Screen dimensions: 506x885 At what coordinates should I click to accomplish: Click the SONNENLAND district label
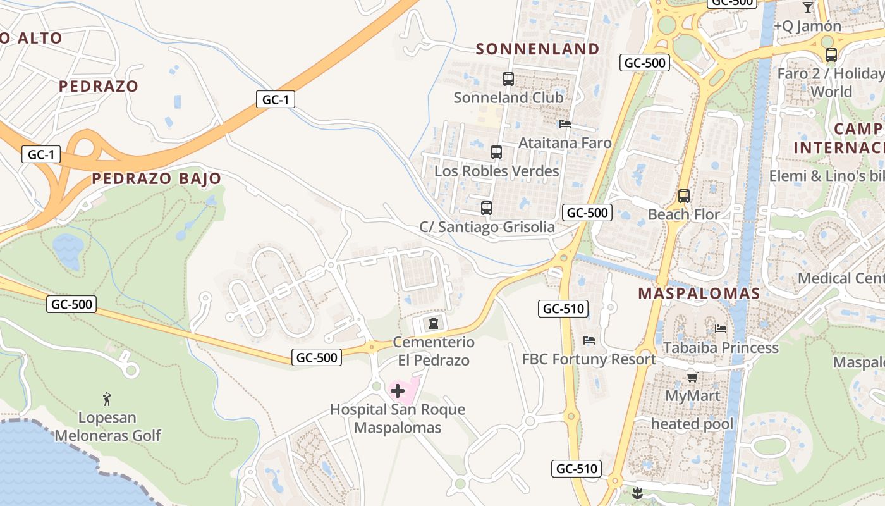(x=537, y=49)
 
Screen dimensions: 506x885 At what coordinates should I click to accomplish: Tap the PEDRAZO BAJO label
(x=157, y=178)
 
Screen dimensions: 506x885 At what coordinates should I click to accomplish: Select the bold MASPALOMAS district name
(x=699, y=293)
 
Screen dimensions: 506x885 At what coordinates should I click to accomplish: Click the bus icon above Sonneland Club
(x=508, y=79)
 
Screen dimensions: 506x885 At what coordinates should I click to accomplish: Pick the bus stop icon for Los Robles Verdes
(x=496, y=152)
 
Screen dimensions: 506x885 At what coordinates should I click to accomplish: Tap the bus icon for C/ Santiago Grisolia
(x=487, y=208)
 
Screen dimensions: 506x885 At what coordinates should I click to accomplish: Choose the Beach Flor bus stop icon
(x=683, y=196)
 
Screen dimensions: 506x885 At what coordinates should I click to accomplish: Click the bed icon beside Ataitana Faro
(x=565, y=125)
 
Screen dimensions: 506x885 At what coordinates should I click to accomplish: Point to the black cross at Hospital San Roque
(x=398, y=391)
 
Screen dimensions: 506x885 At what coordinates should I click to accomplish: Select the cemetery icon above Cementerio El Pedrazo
(x=433, y=324)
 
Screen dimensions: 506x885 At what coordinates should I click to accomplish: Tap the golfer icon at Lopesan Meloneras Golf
(x=107, y=399)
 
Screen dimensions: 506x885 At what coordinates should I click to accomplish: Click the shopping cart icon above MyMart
(x=692, y=378)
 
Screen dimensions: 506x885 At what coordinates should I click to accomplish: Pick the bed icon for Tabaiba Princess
(x=720, y=329)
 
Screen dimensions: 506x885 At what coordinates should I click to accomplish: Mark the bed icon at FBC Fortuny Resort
(x=589, y=340)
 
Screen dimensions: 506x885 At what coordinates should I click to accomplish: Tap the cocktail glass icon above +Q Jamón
(x=807, y=8)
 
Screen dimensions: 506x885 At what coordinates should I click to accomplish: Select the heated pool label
(x=692, y=424)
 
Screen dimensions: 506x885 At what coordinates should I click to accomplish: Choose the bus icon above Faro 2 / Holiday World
(x=831, y=55)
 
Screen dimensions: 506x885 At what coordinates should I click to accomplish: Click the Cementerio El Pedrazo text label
(x=434, y=351)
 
